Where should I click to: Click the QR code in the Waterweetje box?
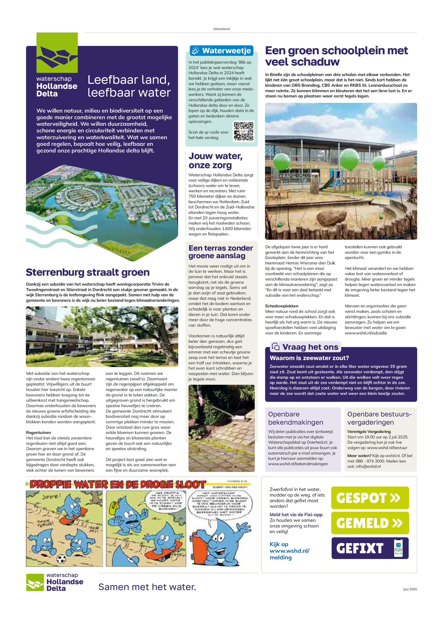point(243,131)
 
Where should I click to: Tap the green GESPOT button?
point(370,498)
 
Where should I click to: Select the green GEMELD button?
point(370,523)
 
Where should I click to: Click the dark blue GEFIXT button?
point(370,548)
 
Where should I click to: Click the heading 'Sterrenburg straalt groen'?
point(88,272)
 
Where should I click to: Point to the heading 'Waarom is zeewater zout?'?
point(309,358)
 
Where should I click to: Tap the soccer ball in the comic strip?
point(61,559)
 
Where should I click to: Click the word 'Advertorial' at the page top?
point(221,29)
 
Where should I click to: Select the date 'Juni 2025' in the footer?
point(410,589)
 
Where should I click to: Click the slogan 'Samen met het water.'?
point(147,587)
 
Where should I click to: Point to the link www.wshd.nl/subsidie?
point(366,333)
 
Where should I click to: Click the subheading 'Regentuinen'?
point(39,432)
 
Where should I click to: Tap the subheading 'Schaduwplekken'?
point(282,306)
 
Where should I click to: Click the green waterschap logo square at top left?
point(57,53)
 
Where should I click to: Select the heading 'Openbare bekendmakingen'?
point(296,418)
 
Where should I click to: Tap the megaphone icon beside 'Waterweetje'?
point(195,51)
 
